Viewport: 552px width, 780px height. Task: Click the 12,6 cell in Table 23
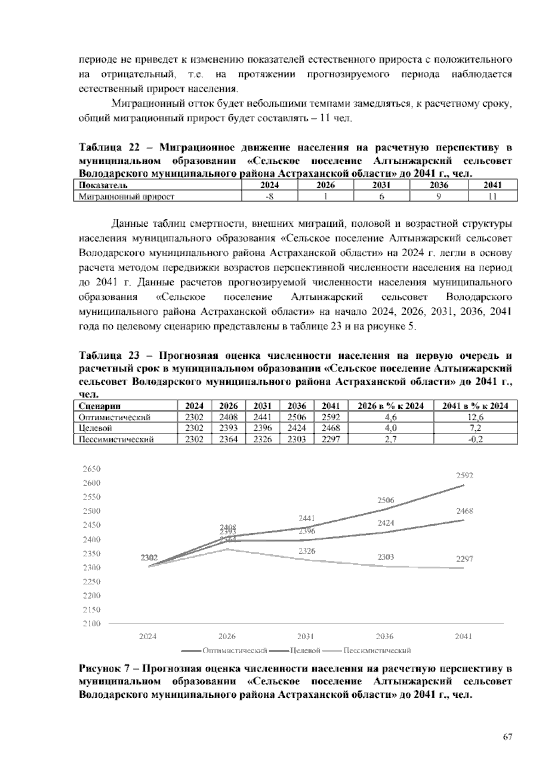click(x=476, y=418)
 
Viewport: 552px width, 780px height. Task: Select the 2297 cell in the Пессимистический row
click(x=331, y=439)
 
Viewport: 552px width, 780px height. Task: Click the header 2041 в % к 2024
click(x=476, y=406)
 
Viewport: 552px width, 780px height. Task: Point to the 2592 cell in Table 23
click(x=331, y=418)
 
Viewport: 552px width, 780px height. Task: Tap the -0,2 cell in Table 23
click(x=476, y=439)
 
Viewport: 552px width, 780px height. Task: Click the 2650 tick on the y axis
click(x=92, y=469)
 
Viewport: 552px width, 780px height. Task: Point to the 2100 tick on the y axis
click(x=92, y=624)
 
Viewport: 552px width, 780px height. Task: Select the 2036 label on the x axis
click(x=385, y=637)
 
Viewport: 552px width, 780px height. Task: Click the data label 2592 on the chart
click(x=465, y=476)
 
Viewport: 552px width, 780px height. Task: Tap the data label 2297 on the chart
click(x=465, y=559)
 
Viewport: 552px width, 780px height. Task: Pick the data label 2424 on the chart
click(x=385, y=523)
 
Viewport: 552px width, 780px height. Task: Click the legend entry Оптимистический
click(x=235, y=650)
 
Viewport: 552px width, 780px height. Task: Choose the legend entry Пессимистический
click(x=377, y=650)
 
